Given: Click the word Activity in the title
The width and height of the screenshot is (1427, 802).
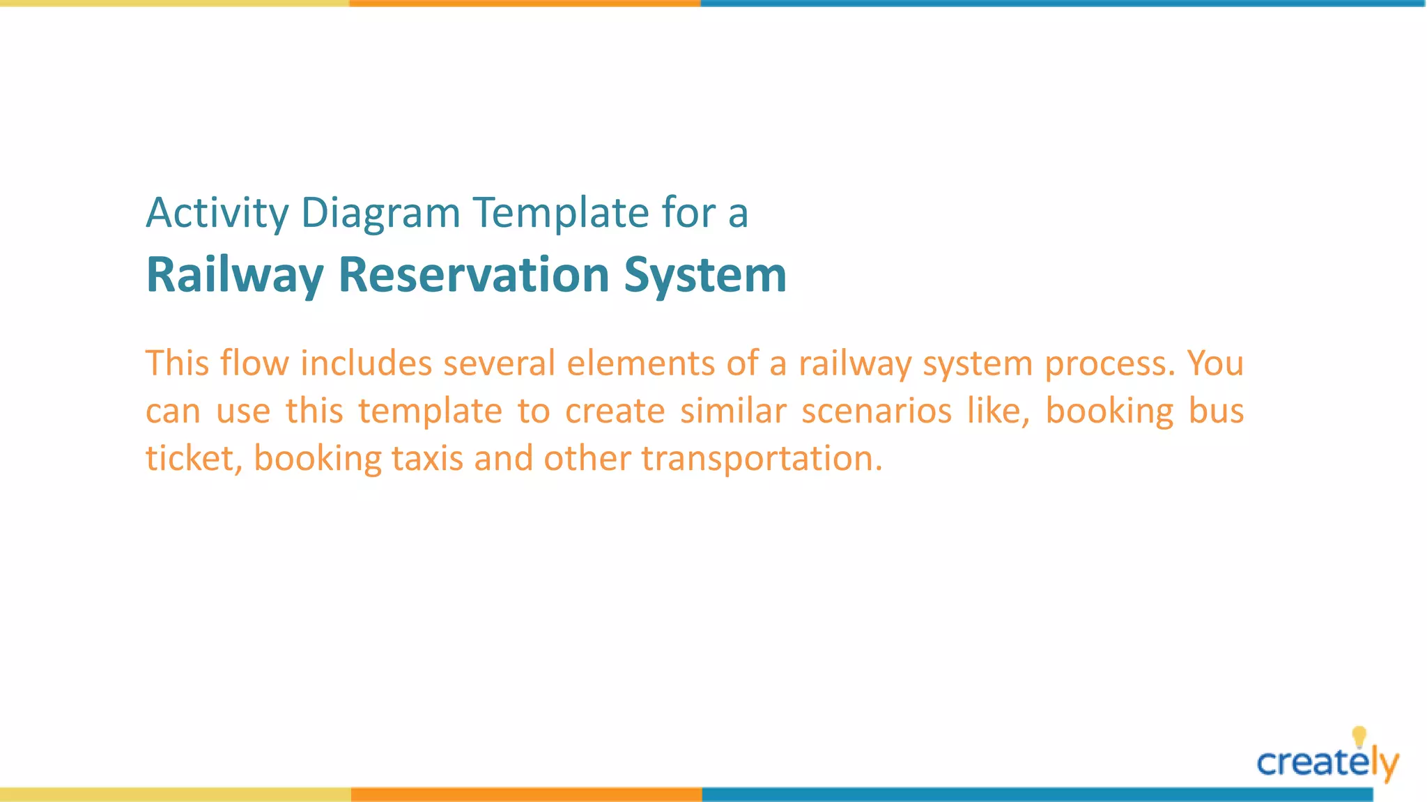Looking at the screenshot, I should click(217, 213).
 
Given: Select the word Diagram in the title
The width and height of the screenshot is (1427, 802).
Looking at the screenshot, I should click(380, 213).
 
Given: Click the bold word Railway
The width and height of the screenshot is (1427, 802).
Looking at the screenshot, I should click(235, 275).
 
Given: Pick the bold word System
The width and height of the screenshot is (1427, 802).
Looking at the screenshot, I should click(704, 275).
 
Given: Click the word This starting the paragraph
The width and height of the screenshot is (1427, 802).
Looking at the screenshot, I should click(177, 363).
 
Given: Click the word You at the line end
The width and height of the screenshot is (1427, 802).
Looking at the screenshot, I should click(1215, 363).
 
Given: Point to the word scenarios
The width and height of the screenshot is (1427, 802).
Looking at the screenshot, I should click(876, 411).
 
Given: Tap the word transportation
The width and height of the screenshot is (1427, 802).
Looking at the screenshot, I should click(761, 459).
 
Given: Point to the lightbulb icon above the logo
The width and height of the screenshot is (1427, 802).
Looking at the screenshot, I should click(1359, 737).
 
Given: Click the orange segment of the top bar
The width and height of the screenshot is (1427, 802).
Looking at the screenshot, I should click(525, 3).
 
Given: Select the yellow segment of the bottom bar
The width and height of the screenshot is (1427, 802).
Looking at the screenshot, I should click(175, 794).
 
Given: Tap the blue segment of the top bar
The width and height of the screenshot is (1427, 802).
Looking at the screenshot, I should click(1063, 3).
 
